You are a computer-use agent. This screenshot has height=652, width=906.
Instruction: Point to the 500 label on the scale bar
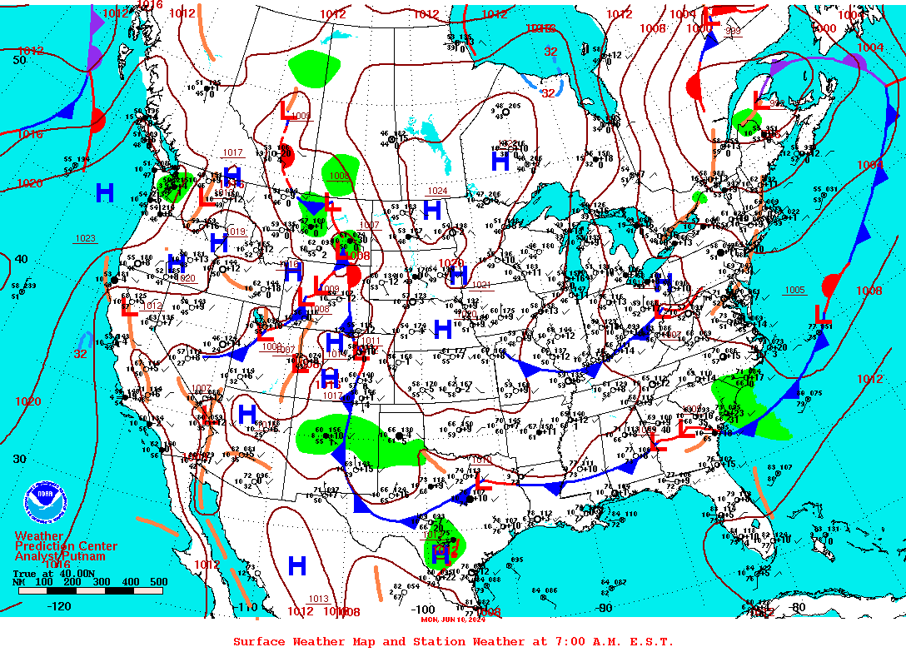pos(157,582)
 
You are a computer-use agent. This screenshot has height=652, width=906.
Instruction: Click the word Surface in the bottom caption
pos(257,641)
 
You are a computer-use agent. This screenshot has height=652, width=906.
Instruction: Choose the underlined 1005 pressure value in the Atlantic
pos(794,290)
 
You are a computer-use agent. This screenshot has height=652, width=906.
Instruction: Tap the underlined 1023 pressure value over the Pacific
pos(85,238)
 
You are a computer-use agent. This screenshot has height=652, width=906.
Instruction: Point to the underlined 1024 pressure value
pos(437,191)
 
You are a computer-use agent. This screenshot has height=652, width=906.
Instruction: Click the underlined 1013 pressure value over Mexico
pos(318,599)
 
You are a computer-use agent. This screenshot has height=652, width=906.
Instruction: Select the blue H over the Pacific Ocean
pos(104,193)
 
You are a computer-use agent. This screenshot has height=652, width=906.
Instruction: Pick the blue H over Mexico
pos(296,566)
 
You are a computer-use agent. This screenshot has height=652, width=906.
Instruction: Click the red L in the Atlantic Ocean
pos(823,314)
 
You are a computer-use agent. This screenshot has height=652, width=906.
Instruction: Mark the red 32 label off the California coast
pos(80,354)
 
